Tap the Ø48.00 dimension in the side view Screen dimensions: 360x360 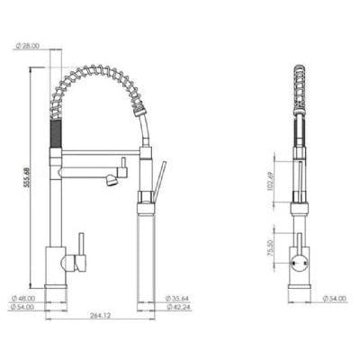click(26, 299)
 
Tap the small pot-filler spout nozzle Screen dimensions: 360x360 click(112, 183)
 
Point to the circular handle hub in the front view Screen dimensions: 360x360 click(299, 265)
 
